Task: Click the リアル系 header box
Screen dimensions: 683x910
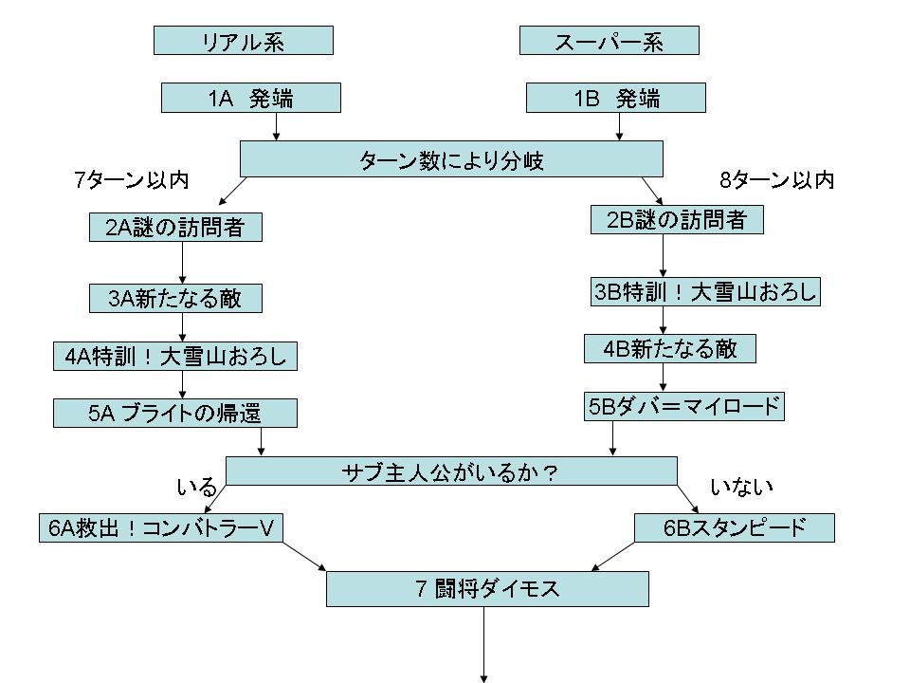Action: (243, 41)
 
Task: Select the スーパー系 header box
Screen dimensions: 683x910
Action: (610, 41)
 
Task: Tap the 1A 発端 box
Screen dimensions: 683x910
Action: (250, 98)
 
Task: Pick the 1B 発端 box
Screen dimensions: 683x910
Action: (615, 98)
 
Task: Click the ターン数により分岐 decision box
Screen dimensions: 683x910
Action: (450, 159)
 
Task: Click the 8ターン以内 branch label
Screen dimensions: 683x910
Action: (777, 180)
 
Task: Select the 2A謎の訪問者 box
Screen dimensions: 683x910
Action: (175, 228)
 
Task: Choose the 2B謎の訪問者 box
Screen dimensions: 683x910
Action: (677, 220)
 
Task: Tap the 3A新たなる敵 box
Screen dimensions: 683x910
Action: (175, 299)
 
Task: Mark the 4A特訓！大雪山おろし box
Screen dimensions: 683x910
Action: (175, 357)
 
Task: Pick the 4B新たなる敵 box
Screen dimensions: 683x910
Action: (670, 349)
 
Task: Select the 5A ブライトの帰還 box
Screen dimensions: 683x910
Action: (175, 413)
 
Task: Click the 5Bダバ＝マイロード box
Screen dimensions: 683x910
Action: (684, 407)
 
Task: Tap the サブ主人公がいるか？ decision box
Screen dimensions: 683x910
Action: (451, 471)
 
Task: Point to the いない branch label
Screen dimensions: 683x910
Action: (742, 487)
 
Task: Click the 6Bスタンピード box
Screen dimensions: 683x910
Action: (735, 527)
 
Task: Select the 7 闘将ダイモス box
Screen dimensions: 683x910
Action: (487, 589)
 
